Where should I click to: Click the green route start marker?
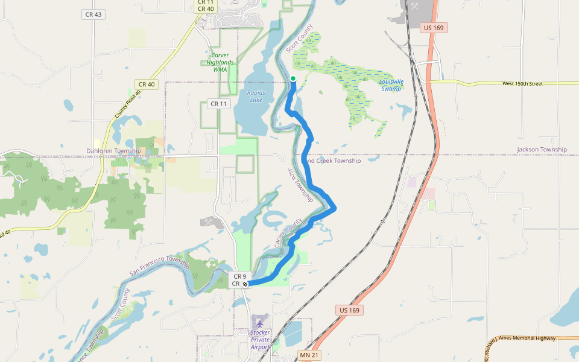click(293, 78)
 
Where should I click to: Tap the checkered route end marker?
click(245, 284)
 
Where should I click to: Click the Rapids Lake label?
click(256, 96)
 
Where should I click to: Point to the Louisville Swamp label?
click(391, 85)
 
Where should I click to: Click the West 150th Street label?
click(523, 83)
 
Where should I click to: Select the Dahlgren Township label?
click(113, 151)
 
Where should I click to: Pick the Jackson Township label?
click(542, 150)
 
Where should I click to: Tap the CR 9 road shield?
click(240, 276)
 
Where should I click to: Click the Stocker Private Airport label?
click(261, 340)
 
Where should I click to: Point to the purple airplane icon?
click(261, 323)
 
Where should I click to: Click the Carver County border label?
click(288, 233)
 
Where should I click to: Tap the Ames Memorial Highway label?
click(521, 339)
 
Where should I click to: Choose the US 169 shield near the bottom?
click(349, 310)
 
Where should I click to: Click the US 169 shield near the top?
click(434, 28)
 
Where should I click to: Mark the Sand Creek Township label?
click(332, 161)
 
